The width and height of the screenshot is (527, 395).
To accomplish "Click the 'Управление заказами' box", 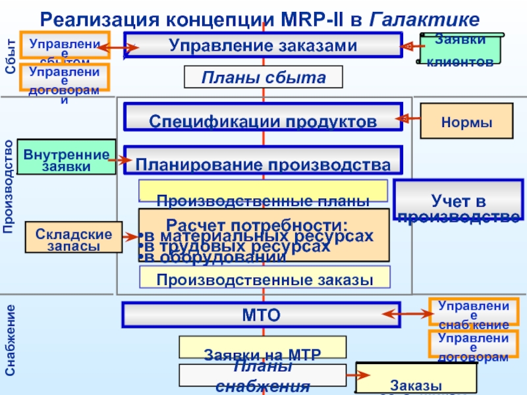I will click(263, 45).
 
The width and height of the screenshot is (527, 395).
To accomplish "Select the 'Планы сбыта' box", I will click(263, 78).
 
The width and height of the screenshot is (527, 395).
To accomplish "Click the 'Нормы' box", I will click(466, 121).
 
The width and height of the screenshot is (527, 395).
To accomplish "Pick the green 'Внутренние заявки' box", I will click(66, 157).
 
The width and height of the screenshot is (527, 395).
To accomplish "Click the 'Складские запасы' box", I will click(74, 238).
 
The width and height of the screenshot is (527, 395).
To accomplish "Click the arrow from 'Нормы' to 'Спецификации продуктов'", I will click(408, 118).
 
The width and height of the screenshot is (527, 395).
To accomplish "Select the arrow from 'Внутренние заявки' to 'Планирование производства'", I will click(120, 159).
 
